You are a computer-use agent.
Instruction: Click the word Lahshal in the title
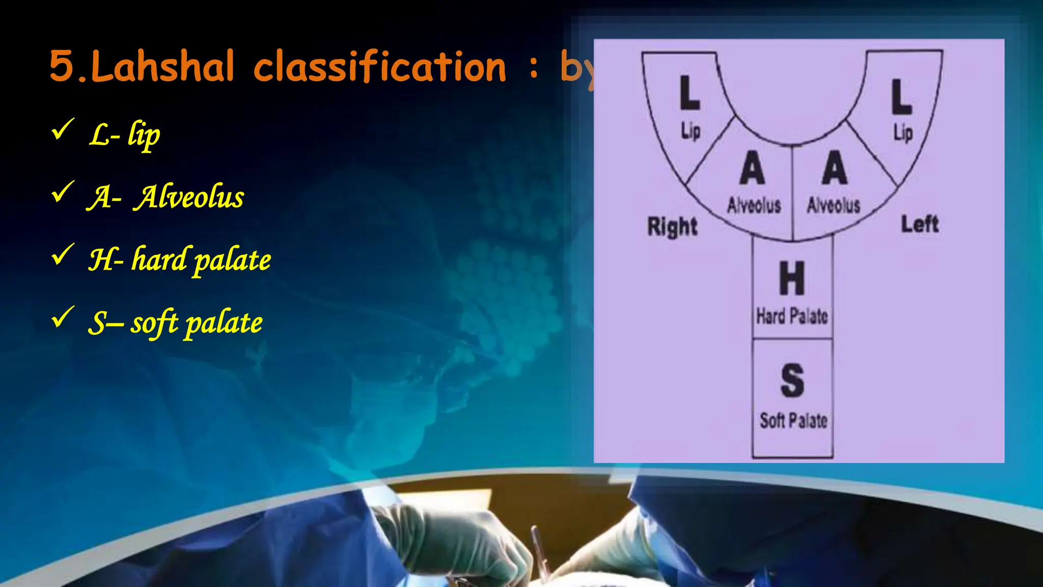click(x=162, y=67)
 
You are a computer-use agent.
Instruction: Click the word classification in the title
click(x=380, y=67)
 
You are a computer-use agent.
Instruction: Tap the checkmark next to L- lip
click(x=63, y=129)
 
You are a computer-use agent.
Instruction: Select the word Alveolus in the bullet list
click(x=189, y=197)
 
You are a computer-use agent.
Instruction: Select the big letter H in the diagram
click(x=792, y=278)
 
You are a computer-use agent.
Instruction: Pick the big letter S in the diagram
click(x=792, y=380)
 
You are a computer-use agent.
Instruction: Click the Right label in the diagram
click(x=672, y=226)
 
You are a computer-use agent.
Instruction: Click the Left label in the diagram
click(x=920, y=224)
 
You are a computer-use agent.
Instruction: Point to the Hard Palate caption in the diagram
click(x=792, y=316)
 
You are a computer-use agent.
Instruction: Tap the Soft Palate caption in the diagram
click(x=793, y=420)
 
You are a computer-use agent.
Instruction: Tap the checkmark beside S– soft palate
click(x=63, y=317)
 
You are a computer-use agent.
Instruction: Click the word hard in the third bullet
click(x=159, y=259)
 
